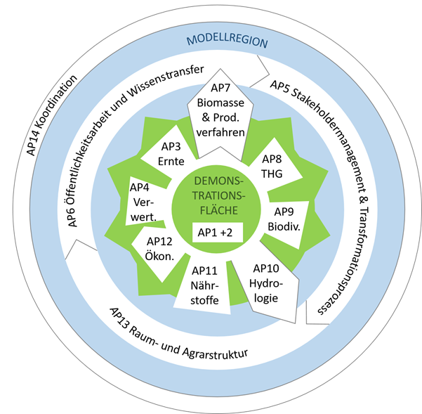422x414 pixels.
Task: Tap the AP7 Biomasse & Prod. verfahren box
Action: pos(220,110)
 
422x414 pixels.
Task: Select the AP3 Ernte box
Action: pos(171,153)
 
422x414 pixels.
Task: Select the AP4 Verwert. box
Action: pos(144,201)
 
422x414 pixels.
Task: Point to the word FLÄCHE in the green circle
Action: pos(216,209)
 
